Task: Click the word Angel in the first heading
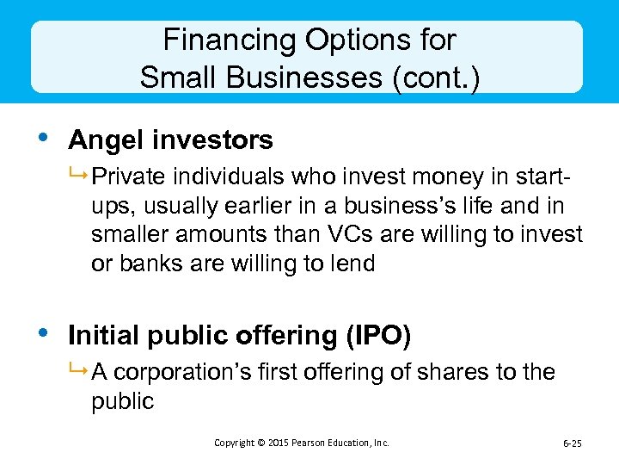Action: coord(96,139)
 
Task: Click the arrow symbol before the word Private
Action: coord(80,177)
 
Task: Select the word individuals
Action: coord(223,177)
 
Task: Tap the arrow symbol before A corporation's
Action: coord(80,373)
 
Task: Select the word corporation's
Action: coord(183,373)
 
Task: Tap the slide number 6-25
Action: coord(572,443)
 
